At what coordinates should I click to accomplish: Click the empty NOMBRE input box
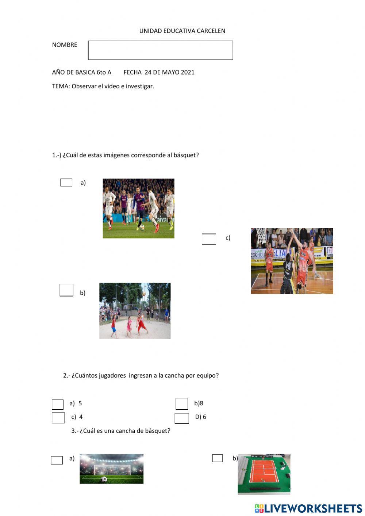click(160, 50)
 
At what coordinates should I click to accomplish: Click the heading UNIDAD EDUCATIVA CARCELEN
click(182, 31)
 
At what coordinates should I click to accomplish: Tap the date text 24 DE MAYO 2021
click(169, 72)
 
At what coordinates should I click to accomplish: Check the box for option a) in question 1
click(66, 183)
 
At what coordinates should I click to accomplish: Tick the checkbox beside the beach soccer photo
click(66, 290)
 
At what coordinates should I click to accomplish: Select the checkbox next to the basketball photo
click(209, 239)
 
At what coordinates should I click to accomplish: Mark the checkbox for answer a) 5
click(58, 404)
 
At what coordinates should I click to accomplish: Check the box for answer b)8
click(182, 404)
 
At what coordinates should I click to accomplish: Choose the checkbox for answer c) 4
click(58, 418)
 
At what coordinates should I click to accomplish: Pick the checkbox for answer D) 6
click(182, 418)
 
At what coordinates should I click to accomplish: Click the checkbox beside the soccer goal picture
click(57, 460)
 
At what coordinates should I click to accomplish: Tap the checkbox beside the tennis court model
click(218, 458)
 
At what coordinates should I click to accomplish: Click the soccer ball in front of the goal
click(104, 479)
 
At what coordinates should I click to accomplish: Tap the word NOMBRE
click(65, 45)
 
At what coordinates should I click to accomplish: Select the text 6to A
click(104, 72)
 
